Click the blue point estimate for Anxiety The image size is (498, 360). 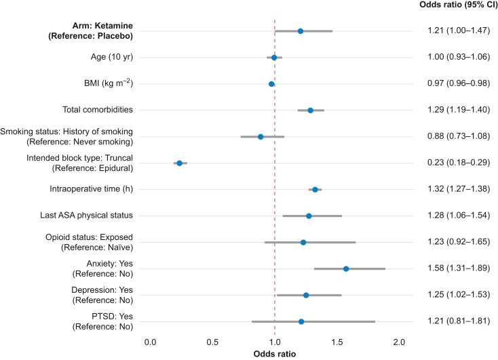[x=346, y=268]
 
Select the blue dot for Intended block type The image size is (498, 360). [x=179, y=163]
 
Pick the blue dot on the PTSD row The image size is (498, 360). [x=301, y=321]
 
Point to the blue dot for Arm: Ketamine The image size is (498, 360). [x=301, y=31]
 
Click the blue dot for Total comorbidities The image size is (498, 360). [x=311, y=110]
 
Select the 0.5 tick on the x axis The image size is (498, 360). [x=212, y=341]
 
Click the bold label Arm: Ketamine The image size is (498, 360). [x=96, y=26]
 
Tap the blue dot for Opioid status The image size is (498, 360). [x=303, y=242]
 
